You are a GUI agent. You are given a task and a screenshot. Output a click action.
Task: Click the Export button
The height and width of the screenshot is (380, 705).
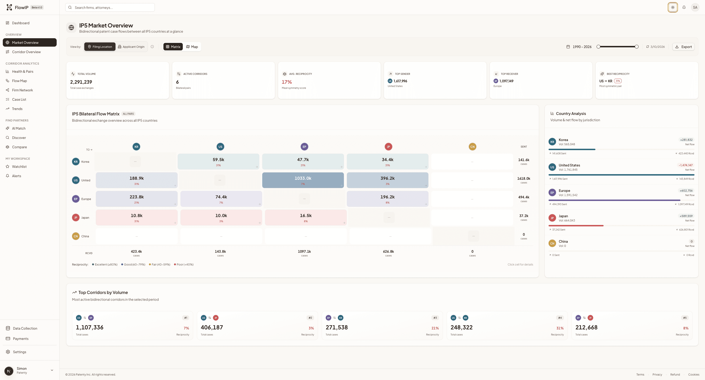click(683, 47)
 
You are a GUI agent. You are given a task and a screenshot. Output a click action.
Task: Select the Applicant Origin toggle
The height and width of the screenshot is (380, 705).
click(131, 47)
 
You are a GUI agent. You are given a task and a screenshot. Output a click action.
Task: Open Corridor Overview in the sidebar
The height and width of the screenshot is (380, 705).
click(26, 52)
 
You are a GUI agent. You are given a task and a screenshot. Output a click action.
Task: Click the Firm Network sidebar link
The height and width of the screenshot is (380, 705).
click(22, 90)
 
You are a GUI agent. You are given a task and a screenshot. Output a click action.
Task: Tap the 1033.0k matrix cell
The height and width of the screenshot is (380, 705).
click(303, 180)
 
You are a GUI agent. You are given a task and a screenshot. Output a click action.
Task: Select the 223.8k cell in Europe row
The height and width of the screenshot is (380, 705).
click(137, 199)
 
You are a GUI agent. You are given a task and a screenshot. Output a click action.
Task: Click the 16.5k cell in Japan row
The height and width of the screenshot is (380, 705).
click(305, 217)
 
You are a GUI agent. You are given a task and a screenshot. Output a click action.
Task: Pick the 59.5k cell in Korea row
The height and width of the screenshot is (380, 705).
click(218, 161)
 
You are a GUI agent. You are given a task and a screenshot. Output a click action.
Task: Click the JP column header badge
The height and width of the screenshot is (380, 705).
click(388, 147)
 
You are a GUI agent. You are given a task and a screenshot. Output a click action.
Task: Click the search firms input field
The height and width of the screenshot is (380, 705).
click(110, 8)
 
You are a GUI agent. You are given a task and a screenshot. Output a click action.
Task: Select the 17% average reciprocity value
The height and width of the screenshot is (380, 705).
click(287, 82)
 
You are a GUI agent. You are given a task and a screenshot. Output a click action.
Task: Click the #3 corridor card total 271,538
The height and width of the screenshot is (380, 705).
click(337, 328)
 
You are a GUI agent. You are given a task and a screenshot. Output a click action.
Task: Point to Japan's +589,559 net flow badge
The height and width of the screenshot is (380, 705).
click(686, 216)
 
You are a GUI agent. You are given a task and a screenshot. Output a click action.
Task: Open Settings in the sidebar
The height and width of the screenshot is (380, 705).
click(19, 352)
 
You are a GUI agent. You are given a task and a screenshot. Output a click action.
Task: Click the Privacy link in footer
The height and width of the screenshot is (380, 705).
click(657, 375)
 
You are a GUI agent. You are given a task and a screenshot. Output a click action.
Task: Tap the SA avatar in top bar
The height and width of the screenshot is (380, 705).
click(695, 7)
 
